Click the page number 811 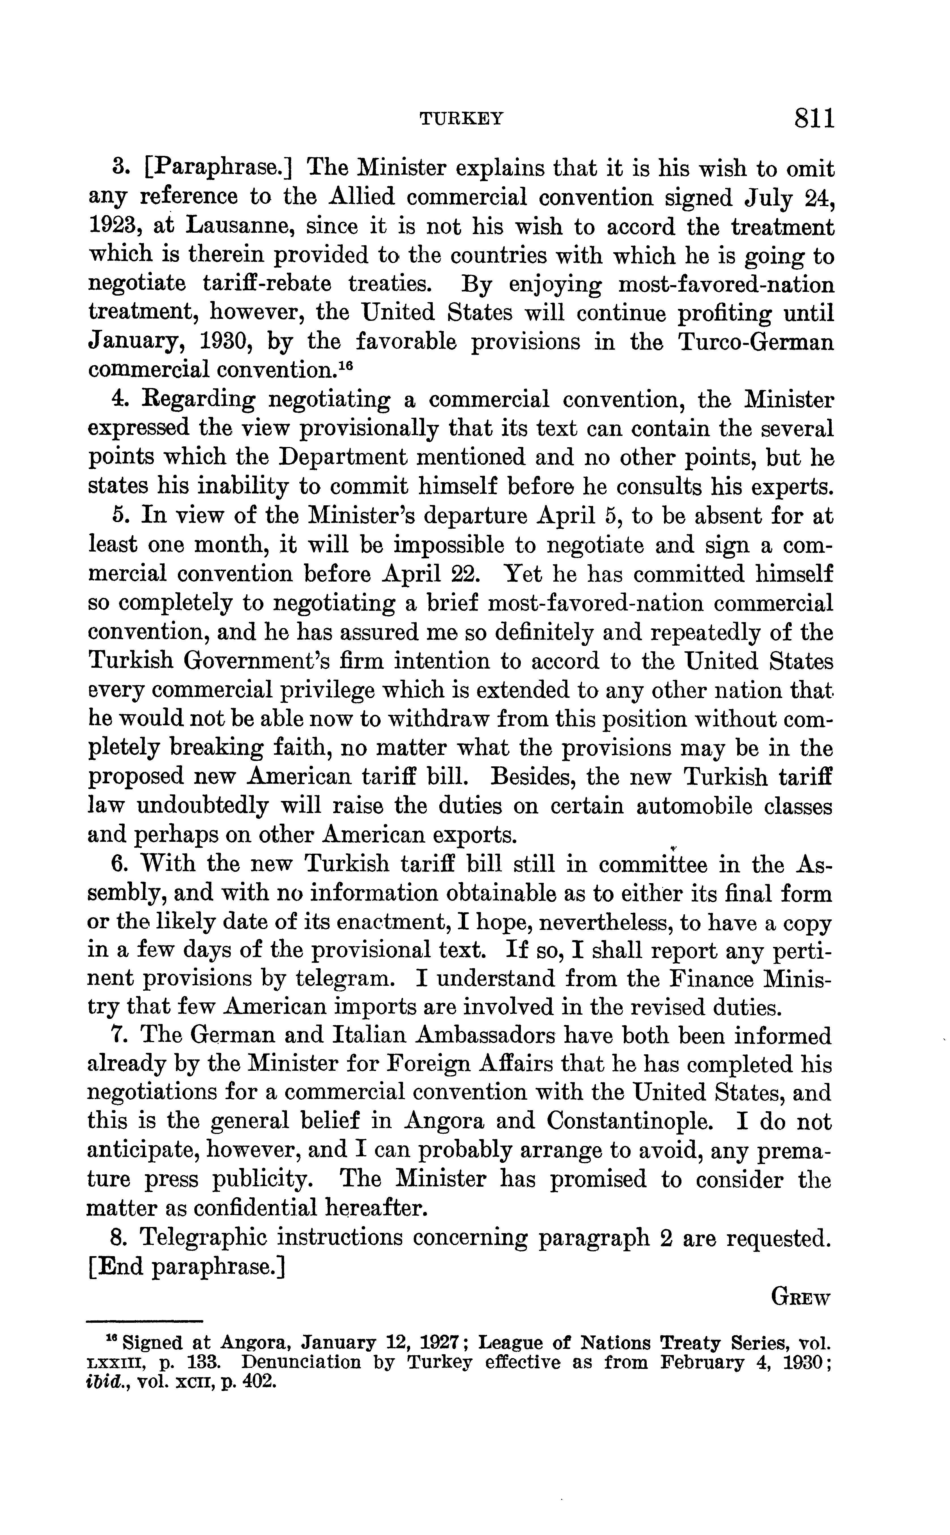tap(814, 118)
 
